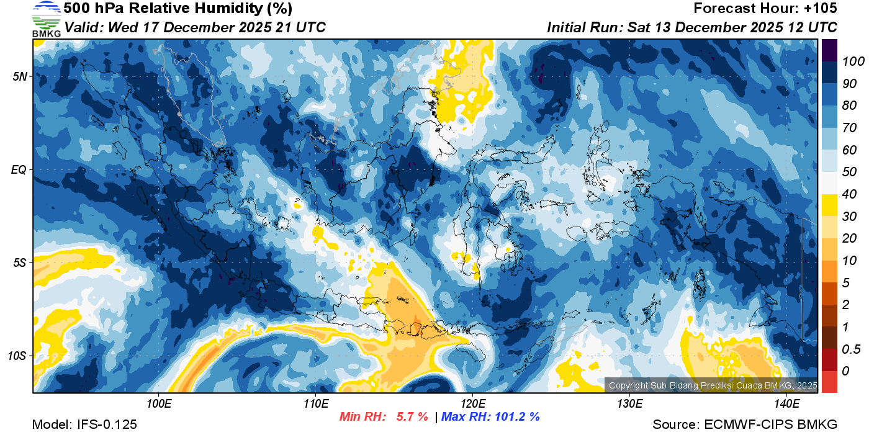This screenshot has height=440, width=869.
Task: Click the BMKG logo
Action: coord(46,19)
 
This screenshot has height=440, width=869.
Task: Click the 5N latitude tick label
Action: coord(20,76)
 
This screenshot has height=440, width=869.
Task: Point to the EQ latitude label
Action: coord(19,169)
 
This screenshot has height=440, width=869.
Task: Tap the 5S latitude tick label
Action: coord(20,263)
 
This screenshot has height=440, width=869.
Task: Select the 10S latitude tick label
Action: coord(17,356)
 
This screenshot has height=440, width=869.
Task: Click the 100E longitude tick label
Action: coord(159,403)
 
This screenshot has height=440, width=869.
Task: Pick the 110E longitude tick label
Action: coord(316,403)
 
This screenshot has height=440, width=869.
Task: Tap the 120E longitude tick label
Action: coord(472,403)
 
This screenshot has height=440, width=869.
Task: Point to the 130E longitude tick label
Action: coord(629,403)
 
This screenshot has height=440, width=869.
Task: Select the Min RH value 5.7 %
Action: coord(412,416)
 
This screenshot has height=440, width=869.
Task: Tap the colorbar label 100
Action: coord(849,61)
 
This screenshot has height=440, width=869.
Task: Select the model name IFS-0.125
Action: coord(107,424)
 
